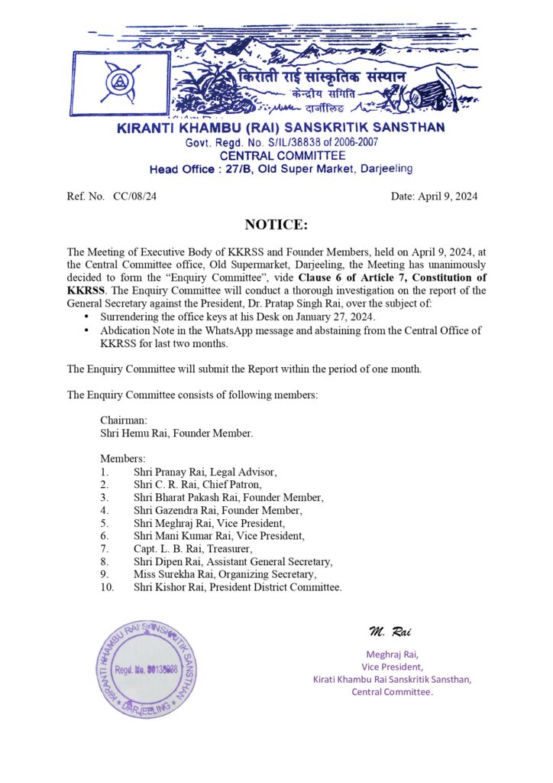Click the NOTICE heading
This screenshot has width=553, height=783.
coord(276,225)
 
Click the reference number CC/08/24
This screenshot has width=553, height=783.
coord(134,197)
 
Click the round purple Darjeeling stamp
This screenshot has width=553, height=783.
coord(149,668)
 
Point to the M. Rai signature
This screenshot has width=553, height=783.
coord(390,631)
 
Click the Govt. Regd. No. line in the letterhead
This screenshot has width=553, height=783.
coord(280,142)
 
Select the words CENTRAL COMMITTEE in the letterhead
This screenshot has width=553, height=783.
coord(280,155)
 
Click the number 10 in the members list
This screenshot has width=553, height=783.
coord(107,587)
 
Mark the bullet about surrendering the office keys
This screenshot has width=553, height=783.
coord(252,317)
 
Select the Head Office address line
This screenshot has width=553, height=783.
coord(280,168)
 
